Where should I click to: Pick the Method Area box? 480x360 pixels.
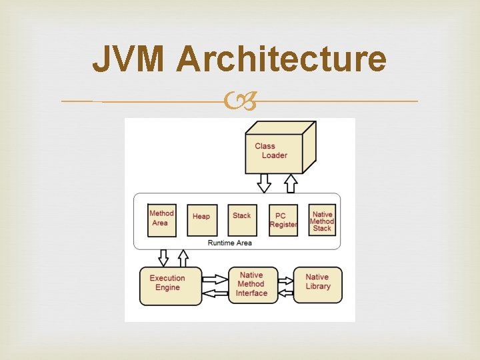coord(162,219)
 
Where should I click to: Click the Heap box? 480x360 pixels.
coord(201,219)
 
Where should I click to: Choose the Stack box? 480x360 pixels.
coord(242,219)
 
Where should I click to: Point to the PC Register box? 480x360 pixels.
coord(283,220)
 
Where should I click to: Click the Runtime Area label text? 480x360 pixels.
coord(230,243)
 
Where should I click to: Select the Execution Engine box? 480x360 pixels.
coord(170,285)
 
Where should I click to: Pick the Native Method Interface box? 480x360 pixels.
coord(253,285)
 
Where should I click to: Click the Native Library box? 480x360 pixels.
coord(318,284)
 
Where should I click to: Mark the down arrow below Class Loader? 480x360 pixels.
coord(265,183)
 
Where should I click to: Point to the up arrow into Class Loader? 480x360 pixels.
coord(291,183)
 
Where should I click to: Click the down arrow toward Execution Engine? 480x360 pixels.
coord(162,258)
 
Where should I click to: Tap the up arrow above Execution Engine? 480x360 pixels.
coord(183,258)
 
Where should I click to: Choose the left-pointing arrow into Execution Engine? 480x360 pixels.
coord(215,292)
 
